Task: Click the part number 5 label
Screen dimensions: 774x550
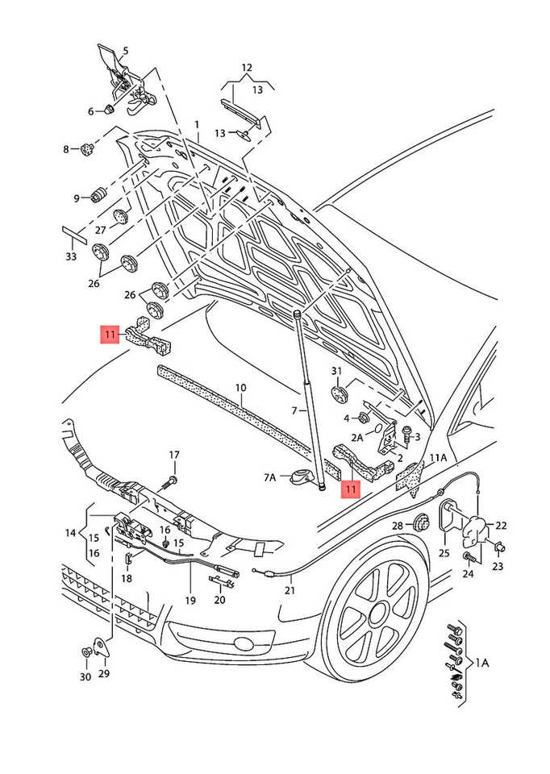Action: pos(125,50)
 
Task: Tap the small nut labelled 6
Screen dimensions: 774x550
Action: pos(110,110)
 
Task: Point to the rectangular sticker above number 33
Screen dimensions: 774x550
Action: pos(73,234)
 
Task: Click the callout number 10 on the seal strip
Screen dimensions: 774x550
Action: pos(240,389)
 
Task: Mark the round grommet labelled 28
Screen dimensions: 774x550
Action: pos(420,525)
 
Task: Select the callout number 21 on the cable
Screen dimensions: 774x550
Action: pos(290,590)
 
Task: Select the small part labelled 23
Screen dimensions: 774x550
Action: pos(498,549)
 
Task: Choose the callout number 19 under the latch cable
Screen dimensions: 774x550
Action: pos(190,600)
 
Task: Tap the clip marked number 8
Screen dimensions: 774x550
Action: pos(86,149)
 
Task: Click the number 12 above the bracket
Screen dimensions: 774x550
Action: pos(246,67)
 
